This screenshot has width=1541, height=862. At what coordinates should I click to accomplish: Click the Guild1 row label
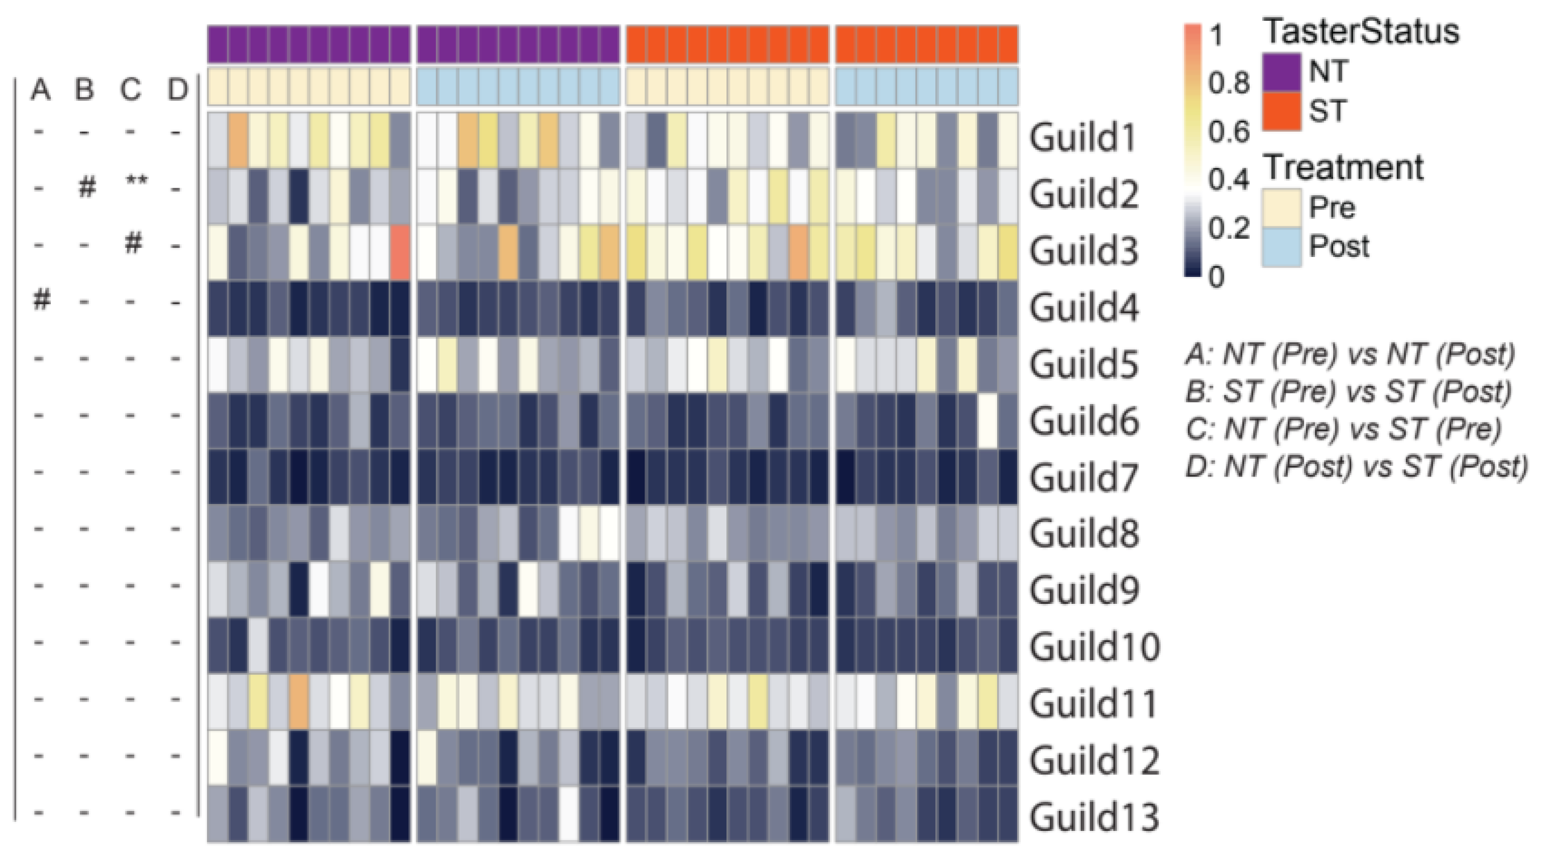1083,139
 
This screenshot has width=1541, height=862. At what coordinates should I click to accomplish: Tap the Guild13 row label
1093,816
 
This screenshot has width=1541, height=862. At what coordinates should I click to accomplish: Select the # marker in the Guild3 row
133,243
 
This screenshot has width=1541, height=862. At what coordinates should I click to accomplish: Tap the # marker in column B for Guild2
87,188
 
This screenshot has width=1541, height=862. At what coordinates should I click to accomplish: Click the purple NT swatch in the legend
1281,72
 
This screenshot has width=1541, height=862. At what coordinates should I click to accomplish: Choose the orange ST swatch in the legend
1281,111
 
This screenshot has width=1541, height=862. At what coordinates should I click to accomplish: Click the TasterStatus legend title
1360,31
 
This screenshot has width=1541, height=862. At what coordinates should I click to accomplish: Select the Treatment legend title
1343,167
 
